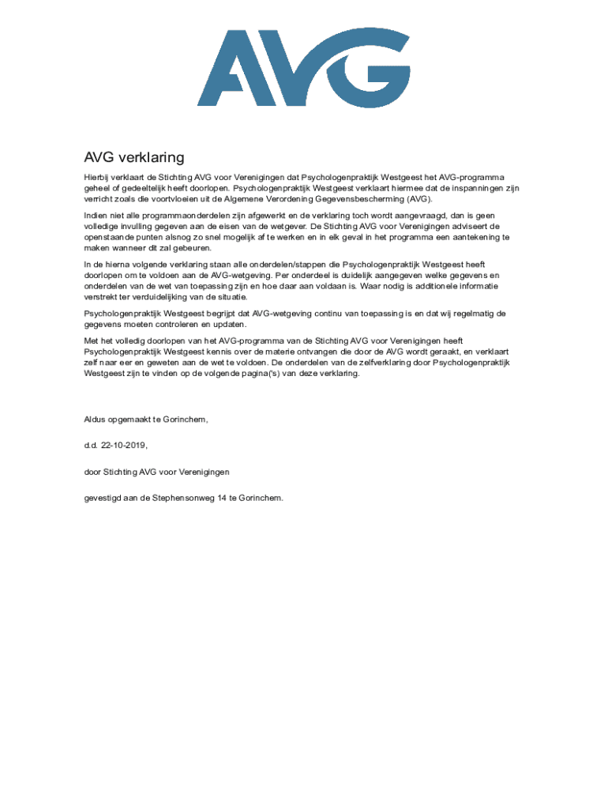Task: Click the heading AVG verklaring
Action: tap(133, 157)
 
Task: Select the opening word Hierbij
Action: tap(97, 178)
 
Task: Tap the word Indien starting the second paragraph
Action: tap(97, 215)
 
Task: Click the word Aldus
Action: tap(96, 419)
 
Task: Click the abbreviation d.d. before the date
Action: tap(91, 445)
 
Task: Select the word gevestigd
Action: tap(104, 498)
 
